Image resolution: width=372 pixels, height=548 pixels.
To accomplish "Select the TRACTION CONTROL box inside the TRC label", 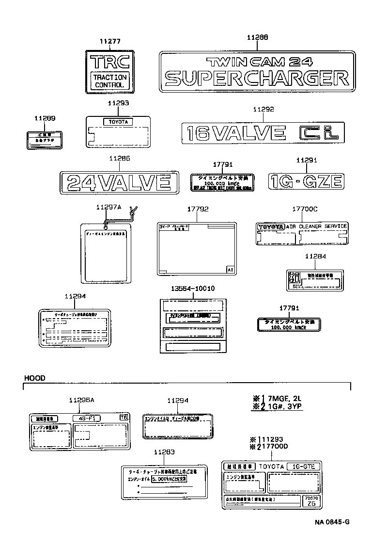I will click(x=109, y=81).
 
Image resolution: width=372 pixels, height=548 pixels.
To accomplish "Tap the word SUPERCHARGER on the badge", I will click(x=256, y=78).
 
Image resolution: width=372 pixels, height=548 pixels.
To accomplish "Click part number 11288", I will click(x=257, y=37).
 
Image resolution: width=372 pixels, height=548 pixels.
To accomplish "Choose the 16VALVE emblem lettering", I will click(x=236, y=133).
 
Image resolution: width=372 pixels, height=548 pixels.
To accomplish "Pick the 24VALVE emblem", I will click(x=119, y=182).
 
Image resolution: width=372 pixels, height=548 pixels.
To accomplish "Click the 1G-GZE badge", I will click(x=307, y=182).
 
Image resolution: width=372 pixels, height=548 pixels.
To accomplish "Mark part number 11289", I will click(x=45, y=118).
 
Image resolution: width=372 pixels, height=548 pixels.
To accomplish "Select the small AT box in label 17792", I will click(x=231, y=270).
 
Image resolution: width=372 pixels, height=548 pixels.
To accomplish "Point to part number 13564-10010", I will click(x=193, y=288).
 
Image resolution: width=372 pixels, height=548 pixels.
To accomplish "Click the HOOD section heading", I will click(x=35, y=378).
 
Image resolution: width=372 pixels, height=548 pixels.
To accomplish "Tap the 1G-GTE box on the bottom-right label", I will click(x=303, y=466).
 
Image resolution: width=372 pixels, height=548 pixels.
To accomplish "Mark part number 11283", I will click(x=164, y=452).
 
